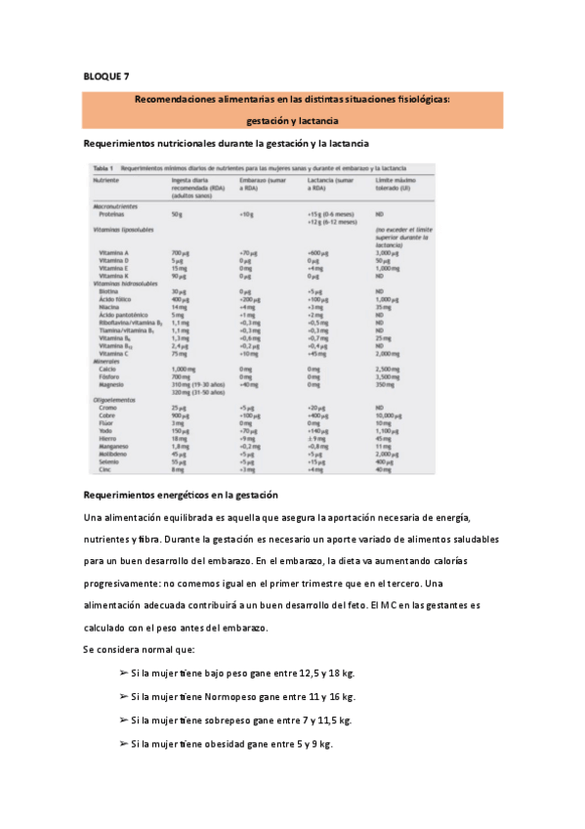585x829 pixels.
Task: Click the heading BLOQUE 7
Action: click(105, 76)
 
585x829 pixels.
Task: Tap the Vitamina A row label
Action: click(114, 252)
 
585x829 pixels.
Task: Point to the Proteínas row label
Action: click(111, 213)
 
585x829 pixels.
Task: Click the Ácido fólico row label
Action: click(115, 298)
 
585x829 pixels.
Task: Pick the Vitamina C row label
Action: click(114, 353)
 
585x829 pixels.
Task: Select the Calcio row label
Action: click(108, 369)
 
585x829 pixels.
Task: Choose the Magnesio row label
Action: click(112, 384)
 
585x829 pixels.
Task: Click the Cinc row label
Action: click(105, 470)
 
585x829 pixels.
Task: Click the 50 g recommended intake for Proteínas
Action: click(177, 213)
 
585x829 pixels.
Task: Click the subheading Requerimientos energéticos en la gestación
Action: click(182, 496)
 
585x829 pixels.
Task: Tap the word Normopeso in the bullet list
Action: click(235, 697)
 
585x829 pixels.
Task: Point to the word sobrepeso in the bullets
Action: click(228, 720)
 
